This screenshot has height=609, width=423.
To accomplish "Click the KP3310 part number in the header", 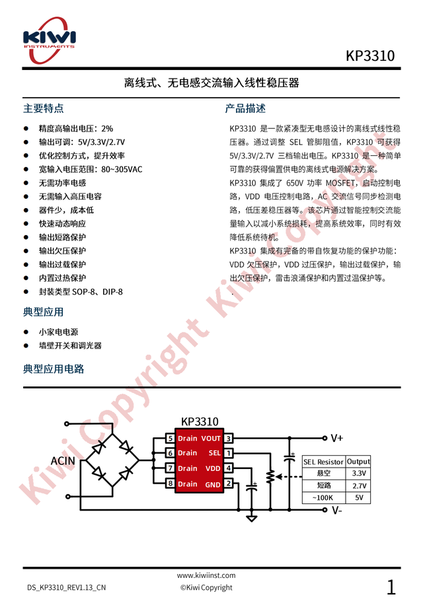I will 370,56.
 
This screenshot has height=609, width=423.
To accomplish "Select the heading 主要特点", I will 43,108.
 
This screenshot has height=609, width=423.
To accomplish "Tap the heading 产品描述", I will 245,108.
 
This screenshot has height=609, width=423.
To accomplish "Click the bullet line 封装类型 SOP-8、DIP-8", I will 81,291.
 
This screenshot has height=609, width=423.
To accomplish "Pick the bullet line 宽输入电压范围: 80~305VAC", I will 91,169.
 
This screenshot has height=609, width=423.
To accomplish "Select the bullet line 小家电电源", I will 58,332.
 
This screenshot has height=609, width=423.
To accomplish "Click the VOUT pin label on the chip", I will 211,438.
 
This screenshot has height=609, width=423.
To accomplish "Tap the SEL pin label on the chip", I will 214,453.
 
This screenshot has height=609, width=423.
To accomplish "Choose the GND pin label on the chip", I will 213,484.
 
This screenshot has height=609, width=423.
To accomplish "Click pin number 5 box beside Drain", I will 170,438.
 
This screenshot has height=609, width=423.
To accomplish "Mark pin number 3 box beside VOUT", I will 228,438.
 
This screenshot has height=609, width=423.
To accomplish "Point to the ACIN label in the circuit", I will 62,460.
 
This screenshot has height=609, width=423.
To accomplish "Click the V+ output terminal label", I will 337,437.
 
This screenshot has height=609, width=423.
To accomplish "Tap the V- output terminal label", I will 336,510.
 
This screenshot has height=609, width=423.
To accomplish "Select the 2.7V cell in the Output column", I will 359,485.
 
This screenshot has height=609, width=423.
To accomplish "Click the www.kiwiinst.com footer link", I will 206,575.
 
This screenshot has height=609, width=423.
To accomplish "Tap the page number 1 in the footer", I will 391,586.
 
